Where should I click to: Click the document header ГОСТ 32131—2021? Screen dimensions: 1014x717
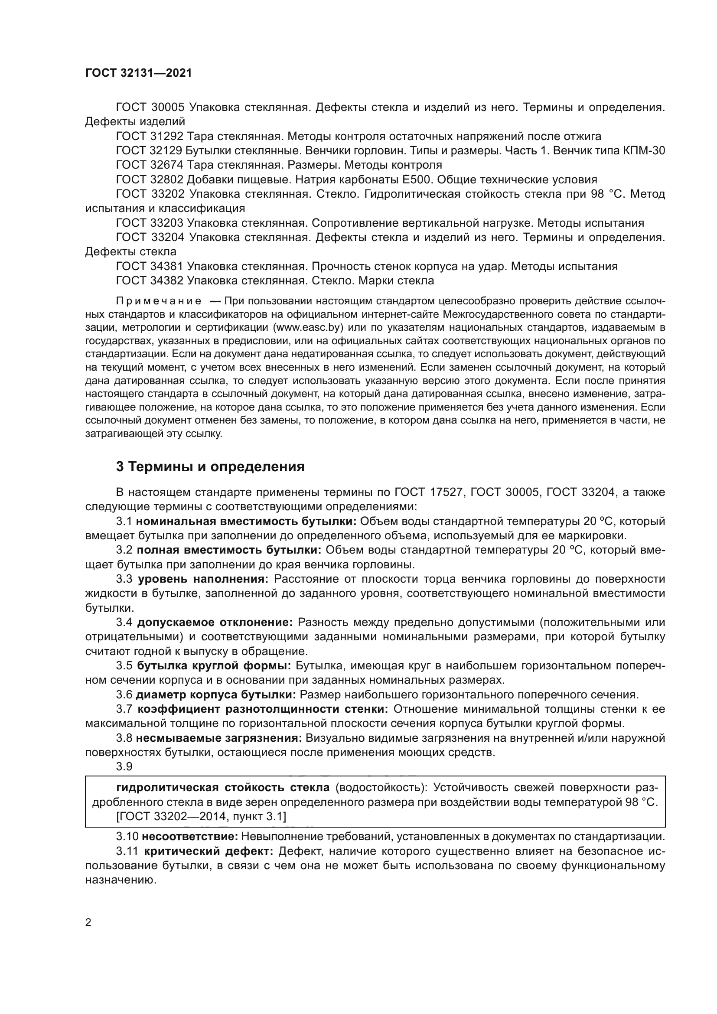(x=138, y=73)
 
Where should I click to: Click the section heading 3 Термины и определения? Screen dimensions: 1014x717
(x=210, y=466)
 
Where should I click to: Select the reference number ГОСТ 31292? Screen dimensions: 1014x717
(x=149, y=136)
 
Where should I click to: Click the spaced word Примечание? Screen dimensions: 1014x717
(x=159, y=301)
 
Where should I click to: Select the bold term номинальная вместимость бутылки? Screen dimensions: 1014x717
(x=246, y=521)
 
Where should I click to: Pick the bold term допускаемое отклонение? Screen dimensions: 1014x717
(x=215, y=622)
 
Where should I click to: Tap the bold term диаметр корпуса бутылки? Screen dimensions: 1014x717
(x=216, y=694)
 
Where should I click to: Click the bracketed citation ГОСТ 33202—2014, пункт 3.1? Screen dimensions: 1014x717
(x=201, y=817)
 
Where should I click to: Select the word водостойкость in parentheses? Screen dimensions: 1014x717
(x=379, y=787)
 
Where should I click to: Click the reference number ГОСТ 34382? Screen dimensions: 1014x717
(x=149, y=280)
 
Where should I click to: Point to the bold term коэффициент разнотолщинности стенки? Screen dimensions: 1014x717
(x=263, y=709)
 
